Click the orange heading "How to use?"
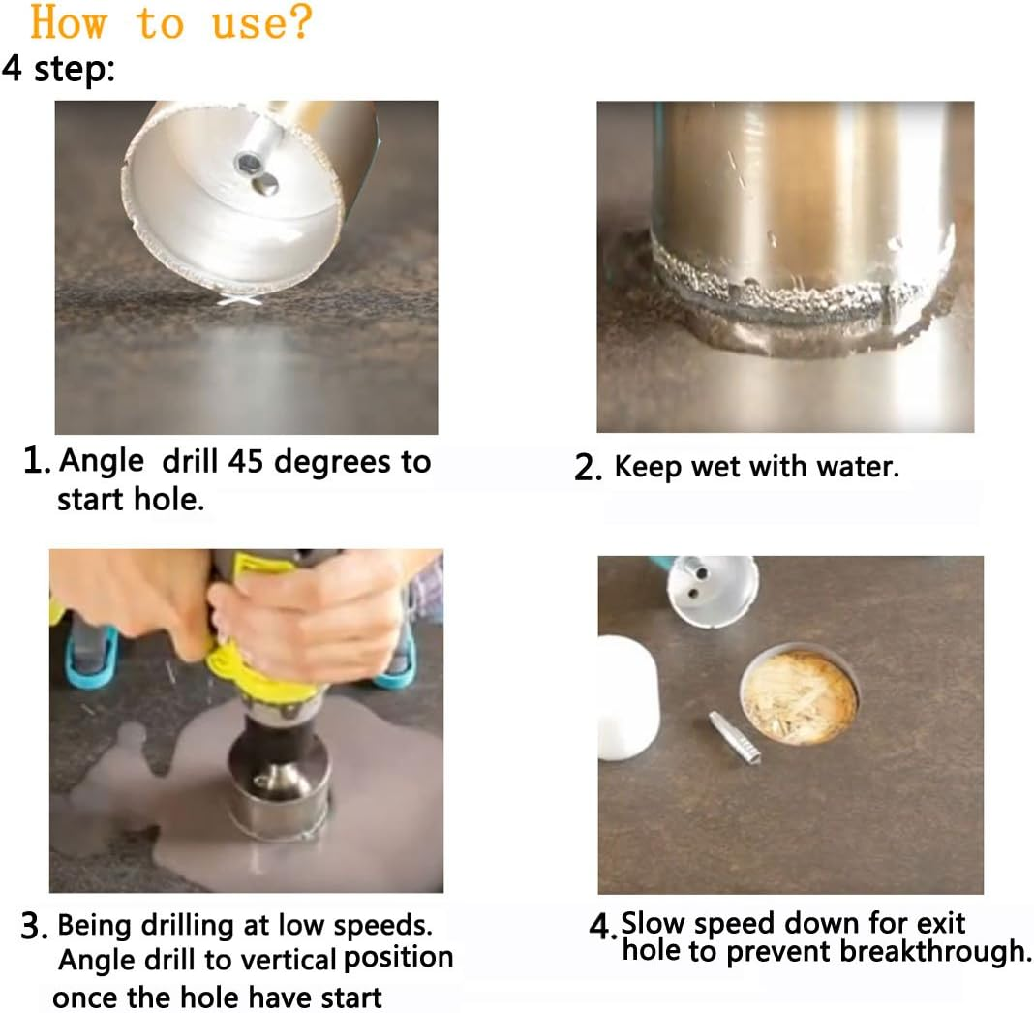coord(170,23)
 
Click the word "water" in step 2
coord(856,467)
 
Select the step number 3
coord(34,926)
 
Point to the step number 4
coord(602,927)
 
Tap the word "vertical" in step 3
coord(285,960)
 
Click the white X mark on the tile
coord(239,300)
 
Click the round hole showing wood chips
coord(799,693)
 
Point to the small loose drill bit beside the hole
coord(733,738)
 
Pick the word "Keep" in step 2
coord(648,468)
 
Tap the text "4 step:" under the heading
coord(59,69)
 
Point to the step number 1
coord(36,460)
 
